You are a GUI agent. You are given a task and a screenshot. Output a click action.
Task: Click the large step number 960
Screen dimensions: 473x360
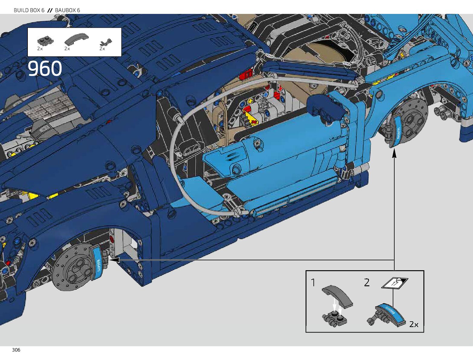pos(45,69)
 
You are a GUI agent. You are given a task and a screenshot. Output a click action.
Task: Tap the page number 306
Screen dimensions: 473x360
pos(16,350)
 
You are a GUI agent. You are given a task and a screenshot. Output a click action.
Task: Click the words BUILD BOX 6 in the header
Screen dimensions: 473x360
pos(29,10)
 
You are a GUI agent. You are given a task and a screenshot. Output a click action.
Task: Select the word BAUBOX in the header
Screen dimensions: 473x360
pos(65,10)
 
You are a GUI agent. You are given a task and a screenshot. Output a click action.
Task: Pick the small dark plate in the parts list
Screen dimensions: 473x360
pos(45,41)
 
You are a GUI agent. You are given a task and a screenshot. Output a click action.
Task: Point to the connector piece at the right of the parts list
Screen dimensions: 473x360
pos(106,42)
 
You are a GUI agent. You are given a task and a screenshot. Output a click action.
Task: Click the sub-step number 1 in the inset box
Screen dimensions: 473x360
pos(313,283)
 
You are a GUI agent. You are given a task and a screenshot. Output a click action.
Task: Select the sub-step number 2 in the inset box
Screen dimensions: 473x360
pos(367,283)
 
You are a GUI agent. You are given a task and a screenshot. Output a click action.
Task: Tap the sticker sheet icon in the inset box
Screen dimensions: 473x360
pos(394,283)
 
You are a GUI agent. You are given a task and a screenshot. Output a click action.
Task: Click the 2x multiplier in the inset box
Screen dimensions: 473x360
pos(414,324)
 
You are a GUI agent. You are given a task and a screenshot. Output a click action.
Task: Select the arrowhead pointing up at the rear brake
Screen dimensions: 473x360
pos(394,153)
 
